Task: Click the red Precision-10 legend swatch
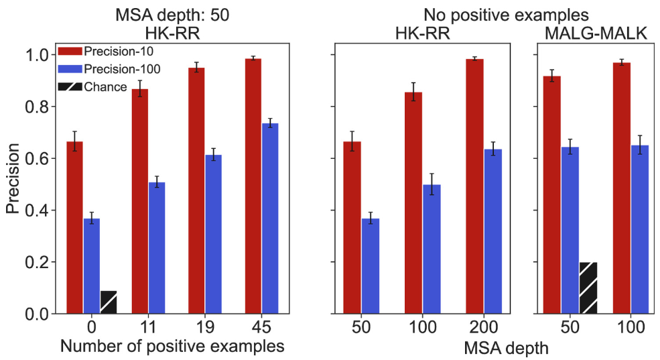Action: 69,51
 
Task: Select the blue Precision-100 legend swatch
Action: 69,68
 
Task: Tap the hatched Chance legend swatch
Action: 69,86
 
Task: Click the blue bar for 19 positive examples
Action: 213,234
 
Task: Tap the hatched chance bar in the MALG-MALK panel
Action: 588,288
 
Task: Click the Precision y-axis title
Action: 13,182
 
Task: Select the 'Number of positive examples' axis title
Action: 168,346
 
